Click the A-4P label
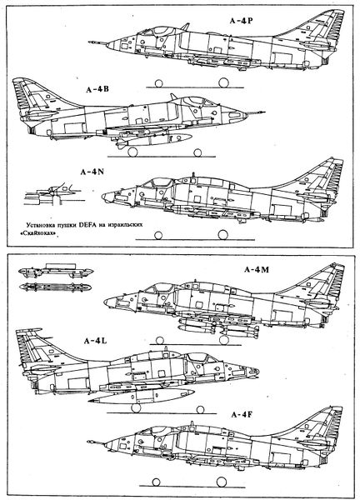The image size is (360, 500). click(242, 20)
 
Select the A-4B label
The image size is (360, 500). click(97, 89)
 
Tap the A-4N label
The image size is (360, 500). click(92, 172)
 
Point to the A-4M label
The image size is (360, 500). click(257, 270)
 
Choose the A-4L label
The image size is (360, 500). click(95, 341)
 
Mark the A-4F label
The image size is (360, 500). click(242, 415)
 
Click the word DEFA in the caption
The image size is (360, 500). click(87, 224)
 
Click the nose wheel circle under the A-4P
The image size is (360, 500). click(158, 83)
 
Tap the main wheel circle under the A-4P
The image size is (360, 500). click(223, 82)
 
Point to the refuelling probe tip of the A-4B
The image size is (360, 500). click(263, 112)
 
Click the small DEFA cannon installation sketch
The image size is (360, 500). click(52, 194)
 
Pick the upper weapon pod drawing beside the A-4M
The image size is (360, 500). click(56, 271)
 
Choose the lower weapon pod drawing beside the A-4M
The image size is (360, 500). click(55, 287)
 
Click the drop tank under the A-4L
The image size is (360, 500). click(142, 396)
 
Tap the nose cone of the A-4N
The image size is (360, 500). click(107, 197)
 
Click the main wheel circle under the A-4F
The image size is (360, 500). click(222, 482)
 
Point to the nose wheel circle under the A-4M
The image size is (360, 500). click(160, 341)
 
